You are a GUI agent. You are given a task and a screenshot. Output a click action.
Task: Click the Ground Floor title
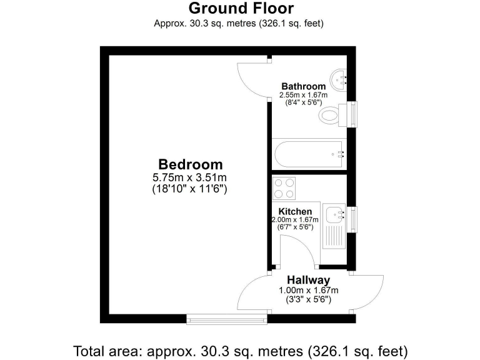[x=241, y=9]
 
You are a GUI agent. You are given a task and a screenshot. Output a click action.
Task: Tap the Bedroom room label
[x=190, y=164]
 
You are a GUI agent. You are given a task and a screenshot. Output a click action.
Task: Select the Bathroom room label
[x=303, y=86]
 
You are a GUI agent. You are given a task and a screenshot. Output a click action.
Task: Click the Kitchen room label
[x=295, y=212]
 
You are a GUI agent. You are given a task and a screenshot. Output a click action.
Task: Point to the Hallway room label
[x=308, y=280]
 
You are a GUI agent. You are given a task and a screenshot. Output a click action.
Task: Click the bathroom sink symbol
[x=340, y=78]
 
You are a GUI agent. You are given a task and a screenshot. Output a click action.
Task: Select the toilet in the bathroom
[x=331, y=115]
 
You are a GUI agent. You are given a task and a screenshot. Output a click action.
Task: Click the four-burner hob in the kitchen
[x=284, y=188]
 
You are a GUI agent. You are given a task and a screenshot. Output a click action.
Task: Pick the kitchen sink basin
[x=335, y=214]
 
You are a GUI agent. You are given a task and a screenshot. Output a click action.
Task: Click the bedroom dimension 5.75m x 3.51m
[x=190, y=177]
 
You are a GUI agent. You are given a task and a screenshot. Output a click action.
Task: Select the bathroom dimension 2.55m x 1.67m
[x=303, y=96]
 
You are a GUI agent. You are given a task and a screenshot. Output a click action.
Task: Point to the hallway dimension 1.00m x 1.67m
[x=308, y=291]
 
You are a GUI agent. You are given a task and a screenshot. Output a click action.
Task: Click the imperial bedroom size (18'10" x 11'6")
[x=190, y=188]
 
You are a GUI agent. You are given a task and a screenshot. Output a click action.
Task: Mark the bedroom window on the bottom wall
[x=227, y=320]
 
